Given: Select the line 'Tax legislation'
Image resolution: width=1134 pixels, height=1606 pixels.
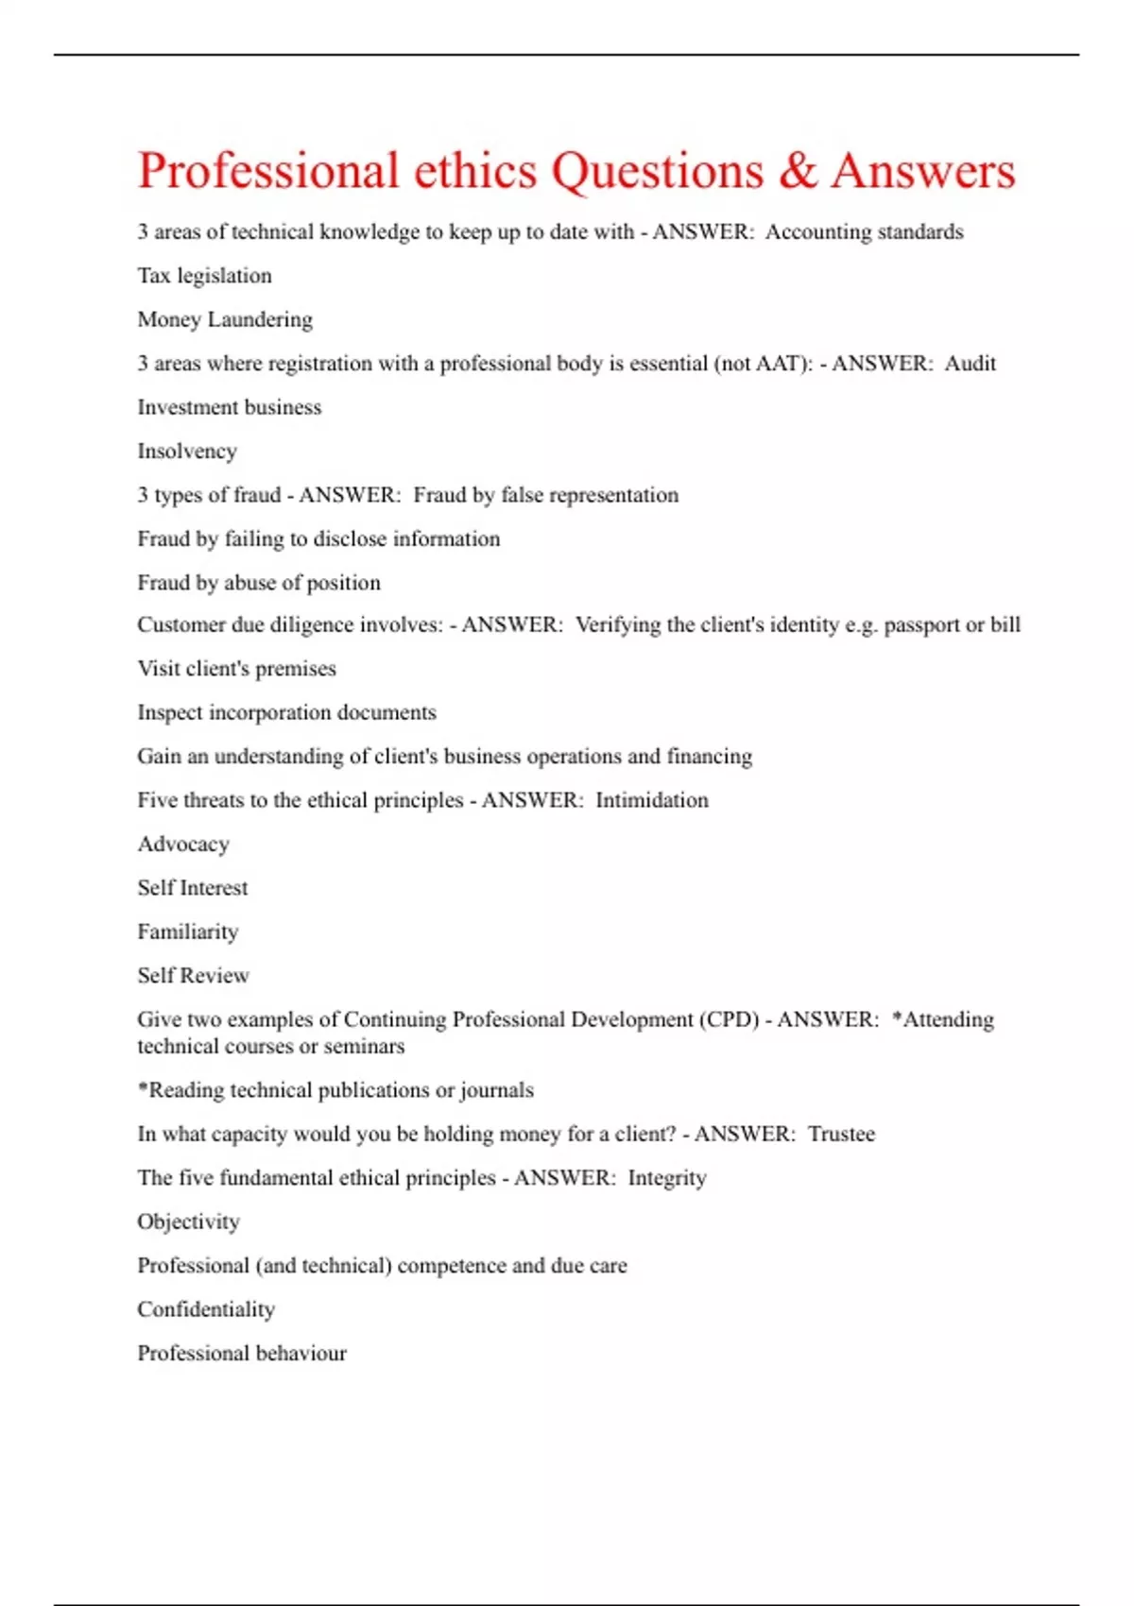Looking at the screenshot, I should coord(204,276).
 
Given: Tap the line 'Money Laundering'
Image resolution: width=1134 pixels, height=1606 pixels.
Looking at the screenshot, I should coord(225,320).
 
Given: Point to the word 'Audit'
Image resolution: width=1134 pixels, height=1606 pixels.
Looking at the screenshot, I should coord(970,364).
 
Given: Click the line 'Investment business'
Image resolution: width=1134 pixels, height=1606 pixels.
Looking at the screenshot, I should coord(229,407).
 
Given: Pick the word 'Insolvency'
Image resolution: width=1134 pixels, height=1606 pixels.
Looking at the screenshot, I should coord(187,452).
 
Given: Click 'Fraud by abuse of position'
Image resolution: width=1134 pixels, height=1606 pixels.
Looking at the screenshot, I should coord(259,583).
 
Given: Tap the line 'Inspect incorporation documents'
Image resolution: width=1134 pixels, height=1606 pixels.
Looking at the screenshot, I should coord(286,712).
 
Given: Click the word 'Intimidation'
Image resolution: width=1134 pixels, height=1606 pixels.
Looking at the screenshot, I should coord(651,800).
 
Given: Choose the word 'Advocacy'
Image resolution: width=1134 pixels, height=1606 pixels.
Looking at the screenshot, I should coord(183,845).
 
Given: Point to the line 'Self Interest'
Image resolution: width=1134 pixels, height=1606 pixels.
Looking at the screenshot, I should coord(193,888).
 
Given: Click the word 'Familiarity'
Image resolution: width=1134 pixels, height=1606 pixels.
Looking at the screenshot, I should coord(188,932).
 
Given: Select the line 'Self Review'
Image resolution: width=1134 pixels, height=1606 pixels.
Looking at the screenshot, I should coord(193,976).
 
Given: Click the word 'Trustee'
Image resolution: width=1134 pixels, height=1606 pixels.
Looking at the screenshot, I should coord(841,1134).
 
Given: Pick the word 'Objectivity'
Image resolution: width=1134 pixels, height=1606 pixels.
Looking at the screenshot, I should coord(188,1222).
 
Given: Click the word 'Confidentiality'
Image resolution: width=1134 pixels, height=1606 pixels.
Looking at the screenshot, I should coord(206,1309).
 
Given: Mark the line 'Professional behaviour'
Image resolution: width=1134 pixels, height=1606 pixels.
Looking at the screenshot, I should coord(242,1354).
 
